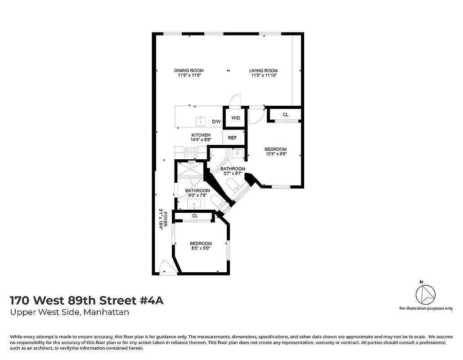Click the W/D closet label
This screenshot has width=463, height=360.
[236, 118]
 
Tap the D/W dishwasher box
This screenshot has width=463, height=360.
[216, 121]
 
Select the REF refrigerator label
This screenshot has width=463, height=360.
[232, 138]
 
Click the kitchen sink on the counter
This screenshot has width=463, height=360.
[200, 121]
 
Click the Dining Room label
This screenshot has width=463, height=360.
[189, 71]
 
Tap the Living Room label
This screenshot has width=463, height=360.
[264, 71]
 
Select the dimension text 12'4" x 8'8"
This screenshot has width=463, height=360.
[276, 154]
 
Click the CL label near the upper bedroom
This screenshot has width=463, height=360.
[285, 115]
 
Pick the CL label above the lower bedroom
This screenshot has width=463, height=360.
[195, 216]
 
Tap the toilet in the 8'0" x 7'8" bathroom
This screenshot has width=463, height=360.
[216, 202]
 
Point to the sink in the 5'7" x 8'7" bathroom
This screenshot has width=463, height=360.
[237, 154]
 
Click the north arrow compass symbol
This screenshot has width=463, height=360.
[425, 295]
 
